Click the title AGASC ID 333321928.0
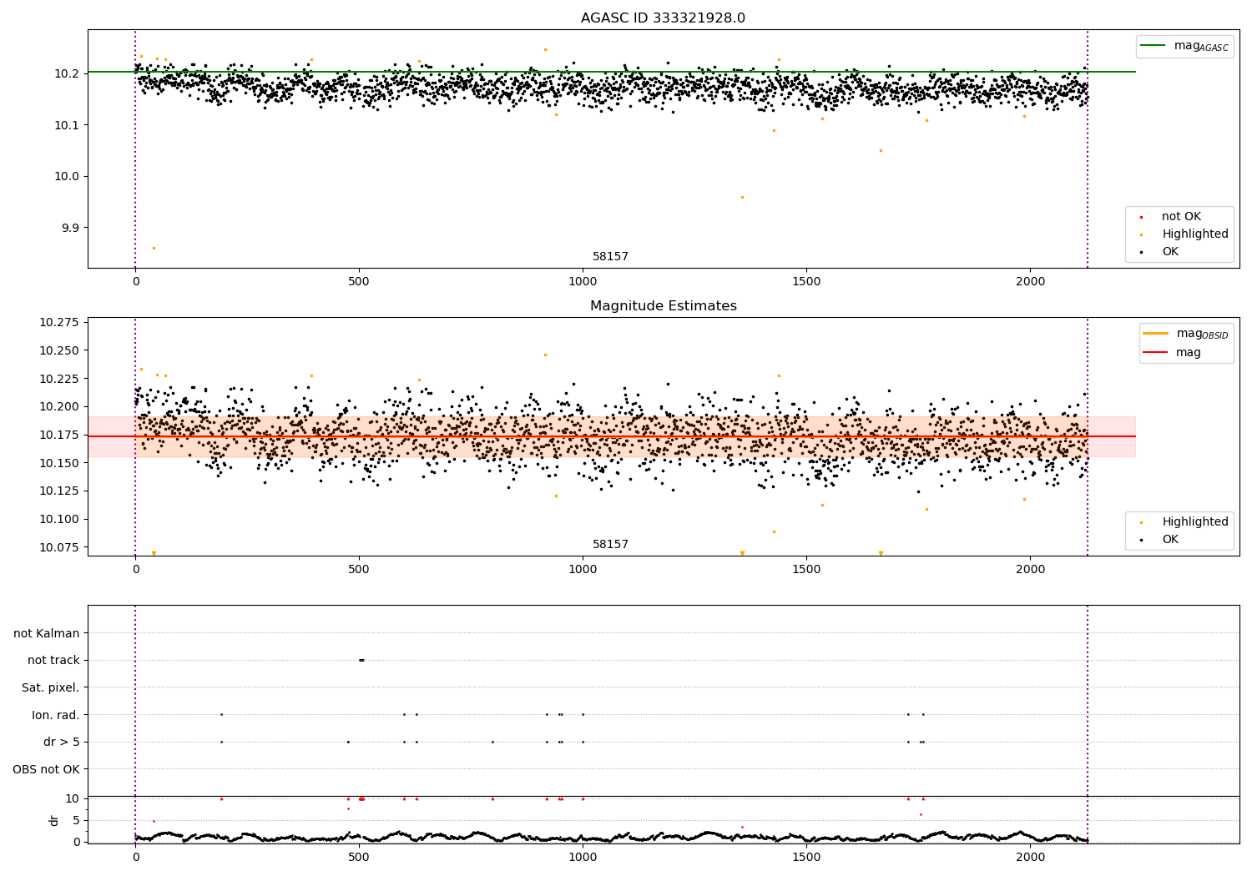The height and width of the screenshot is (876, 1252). tap(663, 18)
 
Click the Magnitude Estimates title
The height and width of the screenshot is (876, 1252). tap(663, 306)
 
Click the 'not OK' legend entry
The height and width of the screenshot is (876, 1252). tap(1180, 217)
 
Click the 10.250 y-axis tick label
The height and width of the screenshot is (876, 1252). tap(58, 350)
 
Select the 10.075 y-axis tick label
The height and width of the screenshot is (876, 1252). tap(58, 547)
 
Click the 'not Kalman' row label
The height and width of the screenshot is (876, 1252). tap(47, 633)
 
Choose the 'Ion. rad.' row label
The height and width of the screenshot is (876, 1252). tap(55, 715)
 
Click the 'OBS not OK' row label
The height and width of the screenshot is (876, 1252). tap(46, 769)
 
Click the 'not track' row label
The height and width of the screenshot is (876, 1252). tap(53, 660)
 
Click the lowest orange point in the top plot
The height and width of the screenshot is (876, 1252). tap(154, 248)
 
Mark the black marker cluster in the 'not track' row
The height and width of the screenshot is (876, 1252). tap(361, 660)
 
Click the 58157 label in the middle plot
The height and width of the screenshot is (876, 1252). tap(610, 544)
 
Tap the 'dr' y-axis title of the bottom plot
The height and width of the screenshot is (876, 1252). tap(54, 820)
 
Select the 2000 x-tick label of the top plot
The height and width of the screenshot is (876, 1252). tap(1030, 282)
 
